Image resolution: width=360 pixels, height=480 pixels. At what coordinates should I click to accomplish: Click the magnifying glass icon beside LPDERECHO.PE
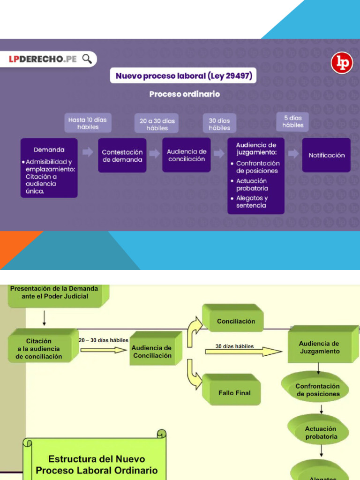[x=87, y=59]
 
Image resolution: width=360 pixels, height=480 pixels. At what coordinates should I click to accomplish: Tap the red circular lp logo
[x=342, y=63]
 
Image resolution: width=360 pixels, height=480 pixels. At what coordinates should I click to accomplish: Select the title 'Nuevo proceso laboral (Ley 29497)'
[x=183, y=75]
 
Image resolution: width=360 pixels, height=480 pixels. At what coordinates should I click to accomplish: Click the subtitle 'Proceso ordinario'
[x=185, y=94]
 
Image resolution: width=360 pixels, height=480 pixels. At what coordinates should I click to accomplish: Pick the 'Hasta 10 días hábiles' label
[x=88, y=123]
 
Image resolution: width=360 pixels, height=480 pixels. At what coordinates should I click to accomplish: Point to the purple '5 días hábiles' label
[x=292, y=121]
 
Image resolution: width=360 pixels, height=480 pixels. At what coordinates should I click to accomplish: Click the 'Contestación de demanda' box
[x=122, y=156]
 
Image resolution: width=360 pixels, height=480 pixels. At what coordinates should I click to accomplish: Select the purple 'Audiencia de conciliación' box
[x=187, y=155]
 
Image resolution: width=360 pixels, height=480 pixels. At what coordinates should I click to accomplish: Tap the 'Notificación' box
[x=326, y=155]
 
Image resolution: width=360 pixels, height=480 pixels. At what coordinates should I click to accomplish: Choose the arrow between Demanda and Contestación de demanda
[x=88, y=152]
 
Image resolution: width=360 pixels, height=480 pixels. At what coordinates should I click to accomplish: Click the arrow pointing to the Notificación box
[x=293, y=153]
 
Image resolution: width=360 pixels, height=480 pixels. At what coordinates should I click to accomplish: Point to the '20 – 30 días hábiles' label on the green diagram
[x=104, y=340]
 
